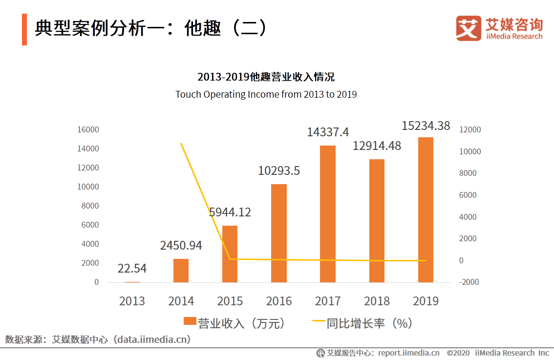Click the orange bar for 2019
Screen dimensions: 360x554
tap(425, 210)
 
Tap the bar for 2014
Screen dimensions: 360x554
tap(181, 270)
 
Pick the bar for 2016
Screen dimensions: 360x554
tap(278, 233)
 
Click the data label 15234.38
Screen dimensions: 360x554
tap(426, 126)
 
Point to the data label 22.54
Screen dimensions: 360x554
tap(132, 269)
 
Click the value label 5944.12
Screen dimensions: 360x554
tap(230, 212)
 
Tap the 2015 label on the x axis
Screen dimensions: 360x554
tap(230, 301)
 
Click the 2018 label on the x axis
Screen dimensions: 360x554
tap(376, 301)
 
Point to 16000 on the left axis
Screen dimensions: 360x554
tap(88, 129)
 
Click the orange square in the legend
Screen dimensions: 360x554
tap(190, 323)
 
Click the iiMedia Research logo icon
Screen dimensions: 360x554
tap(468, 28)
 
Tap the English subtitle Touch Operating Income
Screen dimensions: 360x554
tap(266, 94)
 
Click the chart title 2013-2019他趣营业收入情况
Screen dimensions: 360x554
tap(266, 77)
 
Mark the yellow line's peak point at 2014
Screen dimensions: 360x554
tap(181, 144)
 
